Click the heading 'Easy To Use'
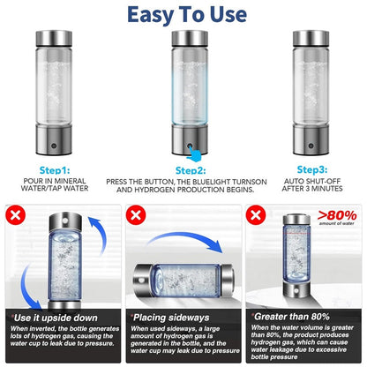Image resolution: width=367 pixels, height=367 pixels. click(x=183, y=15)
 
